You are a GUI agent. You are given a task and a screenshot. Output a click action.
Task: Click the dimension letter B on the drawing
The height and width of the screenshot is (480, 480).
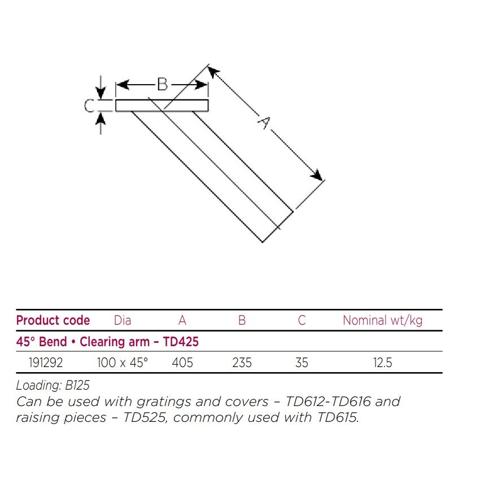click(x=162, y=85)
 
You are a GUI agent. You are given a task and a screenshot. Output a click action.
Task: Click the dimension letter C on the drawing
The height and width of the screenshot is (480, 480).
click(x=89, y=106)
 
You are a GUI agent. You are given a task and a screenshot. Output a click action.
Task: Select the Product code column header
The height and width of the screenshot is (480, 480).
click(x=53, y=321)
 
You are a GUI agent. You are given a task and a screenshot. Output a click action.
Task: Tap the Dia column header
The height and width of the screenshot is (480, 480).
click(x=122, y=321)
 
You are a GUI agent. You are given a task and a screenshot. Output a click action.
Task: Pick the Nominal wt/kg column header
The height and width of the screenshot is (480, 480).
click(x=382, y=321)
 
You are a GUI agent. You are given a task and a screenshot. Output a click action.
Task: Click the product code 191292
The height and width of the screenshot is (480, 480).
click(x=46, y=363)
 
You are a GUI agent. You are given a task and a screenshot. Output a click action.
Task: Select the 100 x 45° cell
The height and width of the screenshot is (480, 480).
click(x=122, y=363)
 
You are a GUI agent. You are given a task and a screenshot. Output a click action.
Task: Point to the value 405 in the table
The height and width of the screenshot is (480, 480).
click(x=182, y=363)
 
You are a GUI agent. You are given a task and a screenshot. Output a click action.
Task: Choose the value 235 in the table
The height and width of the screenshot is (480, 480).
click(x=242, y=363)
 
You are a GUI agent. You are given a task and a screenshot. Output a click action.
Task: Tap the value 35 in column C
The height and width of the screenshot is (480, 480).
click(x=302, y=363)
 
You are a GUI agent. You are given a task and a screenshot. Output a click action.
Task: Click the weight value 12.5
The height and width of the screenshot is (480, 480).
click(x=382, y=363)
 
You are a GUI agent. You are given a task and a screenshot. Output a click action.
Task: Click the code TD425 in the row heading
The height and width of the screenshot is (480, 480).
click(x=181, y=342)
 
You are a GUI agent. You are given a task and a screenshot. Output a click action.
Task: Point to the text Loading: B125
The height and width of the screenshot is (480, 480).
click(x=53, y=386)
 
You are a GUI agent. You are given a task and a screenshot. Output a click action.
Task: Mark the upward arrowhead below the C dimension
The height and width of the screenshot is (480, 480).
click(x=101, y=117)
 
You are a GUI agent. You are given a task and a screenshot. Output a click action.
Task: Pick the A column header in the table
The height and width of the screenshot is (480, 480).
click(x=182, y=321)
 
